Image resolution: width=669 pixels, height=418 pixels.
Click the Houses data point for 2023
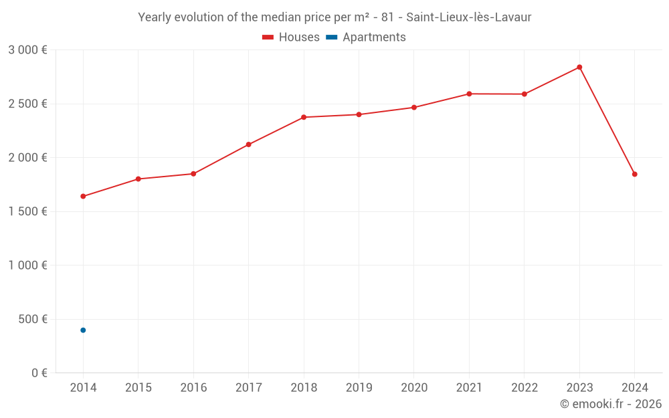[579, 67]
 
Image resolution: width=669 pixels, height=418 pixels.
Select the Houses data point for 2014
[83, 196]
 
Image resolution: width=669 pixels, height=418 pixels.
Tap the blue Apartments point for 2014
[83, 330]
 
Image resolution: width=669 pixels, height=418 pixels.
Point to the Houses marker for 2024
[634, 174]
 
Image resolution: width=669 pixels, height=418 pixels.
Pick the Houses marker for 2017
[248, 144]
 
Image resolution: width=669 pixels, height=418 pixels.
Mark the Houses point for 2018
[304, 117]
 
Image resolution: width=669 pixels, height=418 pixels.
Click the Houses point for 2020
[414, 107]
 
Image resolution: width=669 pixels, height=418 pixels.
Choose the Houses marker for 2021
[469, 94]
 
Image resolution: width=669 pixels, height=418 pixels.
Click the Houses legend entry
[291, 37]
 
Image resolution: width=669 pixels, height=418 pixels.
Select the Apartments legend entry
[366, 37]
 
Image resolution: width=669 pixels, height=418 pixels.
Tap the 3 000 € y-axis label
[27, 50]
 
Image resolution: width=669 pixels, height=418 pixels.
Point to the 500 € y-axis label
[32, 319]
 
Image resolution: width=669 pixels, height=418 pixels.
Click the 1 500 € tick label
[27, 211]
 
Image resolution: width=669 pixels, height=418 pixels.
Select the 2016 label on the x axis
[193, 388]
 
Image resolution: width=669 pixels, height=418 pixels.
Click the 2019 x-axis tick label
[359, 388]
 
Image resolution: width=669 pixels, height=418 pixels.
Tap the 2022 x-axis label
[524, 388]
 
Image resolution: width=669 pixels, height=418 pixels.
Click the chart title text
[334, 17]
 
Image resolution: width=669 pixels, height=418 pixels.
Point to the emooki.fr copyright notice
[610, 404]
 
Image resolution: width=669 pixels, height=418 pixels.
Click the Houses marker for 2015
[138, 179]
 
